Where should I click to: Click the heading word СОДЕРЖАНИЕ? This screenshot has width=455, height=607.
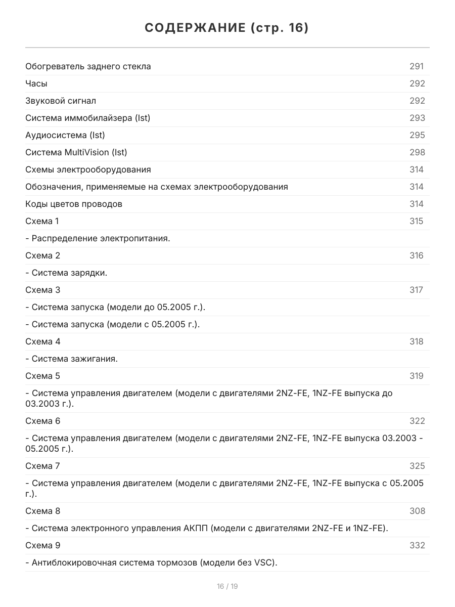pos(194,28)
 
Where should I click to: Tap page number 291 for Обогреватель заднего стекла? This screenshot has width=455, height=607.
pos(417,66)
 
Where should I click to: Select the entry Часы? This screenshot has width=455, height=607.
pos(36,83)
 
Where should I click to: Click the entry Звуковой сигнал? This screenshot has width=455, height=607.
pos(61,101)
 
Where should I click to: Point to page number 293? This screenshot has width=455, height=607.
pos(417,118)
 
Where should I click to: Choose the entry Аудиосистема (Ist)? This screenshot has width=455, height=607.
pos(65,135)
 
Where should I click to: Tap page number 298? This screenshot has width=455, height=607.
pos(417,152)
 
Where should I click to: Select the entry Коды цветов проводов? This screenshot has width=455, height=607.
pos(74,204)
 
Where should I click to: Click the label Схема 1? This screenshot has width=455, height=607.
pos(42,221)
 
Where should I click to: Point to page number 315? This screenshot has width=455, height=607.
pos(417,221)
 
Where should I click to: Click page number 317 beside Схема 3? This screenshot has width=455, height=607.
pos(417,290)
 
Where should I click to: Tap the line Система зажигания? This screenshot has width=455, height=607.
pos(71,359)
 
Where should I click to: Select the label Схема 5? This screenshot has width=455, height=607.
pos(42,376)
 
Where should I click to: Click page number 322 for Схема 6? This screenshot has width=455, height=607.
pos(417,421)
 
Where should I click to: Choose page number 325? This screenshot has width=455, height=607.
pos(417,466)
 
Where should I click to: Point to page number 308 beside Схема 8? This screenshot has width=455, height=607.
pos(417,511)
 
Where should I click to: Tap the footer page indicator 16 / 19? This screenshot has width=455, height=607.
pos(227,586)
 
